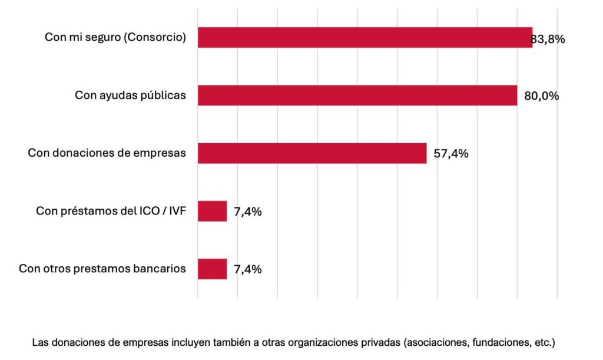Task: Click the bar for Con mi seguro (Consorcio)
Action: (365, 38)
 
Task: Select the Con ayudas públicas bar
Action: (357, 95)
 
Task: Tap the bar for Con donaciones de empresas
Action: (312, 153)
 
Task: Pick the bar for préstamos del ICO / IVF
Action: (212, 211)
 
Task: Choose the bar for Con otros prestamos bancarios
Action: (212, 269)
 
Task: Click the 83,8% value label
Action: (548, 39)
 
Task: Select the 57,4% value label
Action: (451, 154)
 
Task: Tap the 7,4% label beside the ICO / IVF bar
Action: (248, 212)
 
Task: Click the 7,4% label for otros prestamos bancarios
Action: (248, 269)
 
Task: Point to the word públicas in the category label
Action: (164, 95)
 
